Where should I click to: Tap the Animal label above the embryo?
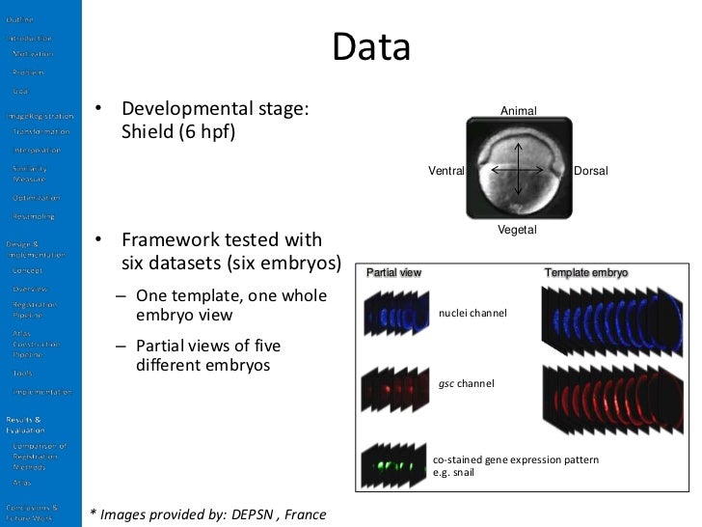518,112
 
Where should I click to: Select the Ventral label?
446,171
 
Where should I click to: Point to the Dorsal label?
591,171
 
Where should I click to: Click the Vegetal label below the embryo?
518,230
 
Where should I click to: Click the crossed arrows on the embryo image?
519,171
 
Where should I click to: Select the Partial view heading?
393,273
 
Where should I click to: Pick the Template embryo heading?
586,273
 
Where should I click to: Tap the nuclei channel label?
472,314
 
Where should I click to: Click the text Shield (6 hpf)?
177,132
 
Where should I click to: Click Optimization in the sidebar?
35,198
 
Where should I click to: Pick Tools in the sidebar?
22,372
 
